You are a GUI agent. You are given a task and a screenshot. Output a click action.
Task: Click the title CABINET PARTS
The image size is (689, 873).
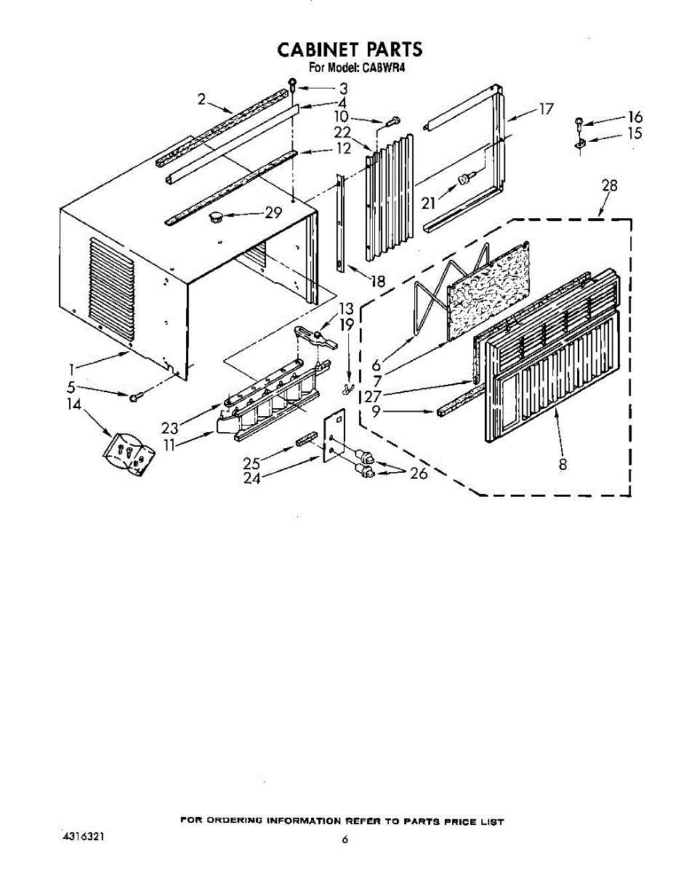coord(350,49)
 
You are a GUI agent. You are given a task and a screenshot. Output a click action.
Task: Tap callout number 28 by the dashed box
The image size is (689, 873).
coord(610,186)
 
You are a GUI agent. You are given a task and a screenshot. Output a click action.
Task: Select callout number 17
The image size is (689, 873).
coord(546,108)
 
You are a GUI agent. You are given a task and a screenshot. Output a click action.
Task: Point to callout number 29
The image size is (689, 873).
coord(273,212)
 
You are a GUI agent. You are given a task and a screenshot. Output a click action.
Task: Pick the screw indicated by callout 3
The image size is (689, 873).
coord(293,84)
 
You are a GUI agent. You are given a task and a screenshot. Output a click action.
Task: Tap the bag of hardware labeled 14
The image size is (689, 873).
coord(129,454)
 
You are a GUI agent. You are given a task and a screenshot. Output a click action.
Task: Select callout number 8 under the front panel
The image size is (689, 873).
coord(563,464)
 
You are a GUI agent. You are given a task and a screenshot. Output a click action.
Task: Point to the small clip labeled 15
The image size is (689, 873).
coord(581,143)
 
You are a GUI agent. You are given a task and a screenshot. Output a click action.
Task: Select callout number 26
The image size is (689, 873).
coord(419,473)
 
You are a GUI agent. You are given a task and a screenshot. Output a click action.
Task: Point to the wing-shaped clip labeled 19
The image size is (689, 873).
coord(347,388)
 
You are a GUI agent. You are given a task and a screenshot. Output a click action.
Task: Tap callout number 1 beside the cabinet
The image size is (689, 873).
coord(71,370)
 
